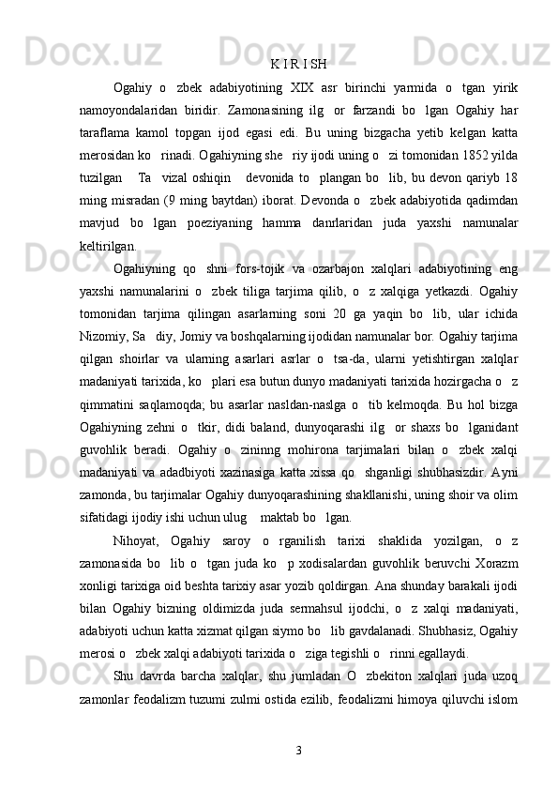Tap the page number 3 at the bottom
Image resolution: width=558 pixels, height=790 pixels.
[297, 751]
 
